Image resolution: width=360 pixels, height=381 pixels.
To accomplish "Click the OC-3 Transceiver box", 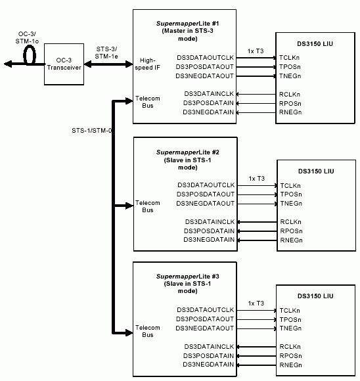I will pyautogui.click(x=64, y=64).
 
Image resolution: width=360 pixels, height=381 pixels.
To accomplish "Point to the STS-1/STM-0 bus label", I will pyautogui.click(x=91, y=130).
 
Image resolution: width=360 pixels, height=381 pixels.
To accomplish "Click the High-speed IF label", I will pyautogui.click(x=148, y=64).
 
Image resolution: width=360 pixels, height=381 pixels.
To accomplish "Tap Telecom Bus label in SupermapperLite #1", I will pyautogui.click(x=147, y=102).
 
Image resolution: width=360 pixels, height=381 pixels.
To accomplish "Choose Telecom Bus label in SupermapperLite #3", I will pyautogui.click(x=147, y=330).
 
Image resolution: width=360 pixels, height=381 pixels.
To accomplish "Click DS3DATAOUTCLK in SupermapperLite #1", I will pyautogui.click(x=205, y=58).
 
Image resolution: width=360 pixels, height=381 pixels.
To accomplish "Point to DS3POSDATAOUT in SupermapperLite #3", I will pyautogui.click(x=205, y=319).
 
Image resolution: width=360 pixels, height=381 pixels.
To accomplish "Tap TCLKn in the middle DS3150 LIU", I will pyautogui.click(x=290, y=185).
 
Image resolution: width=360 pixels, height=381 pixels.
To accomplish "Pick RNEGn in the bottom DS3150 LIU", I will pyautogui.click(x=290, y=365).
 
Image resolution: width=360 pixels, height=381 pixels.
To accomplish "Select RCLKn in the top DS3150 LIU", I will pyautogui.click(x=290, y=94).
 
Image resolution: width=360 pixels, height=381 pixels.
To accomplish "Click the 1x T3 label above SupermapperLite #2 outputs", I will pyautogui.click(x=256, y=178).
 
